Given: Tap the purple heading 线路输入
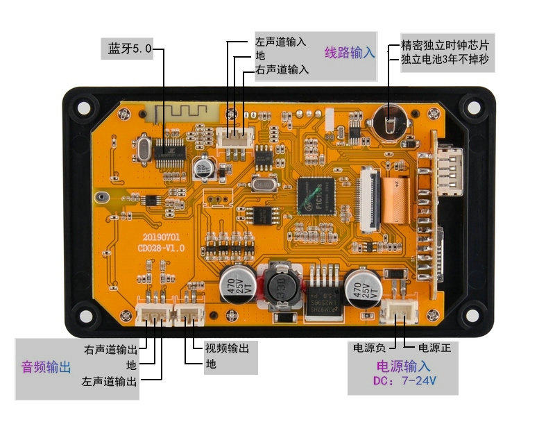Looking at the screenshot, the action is (x=350, y=52).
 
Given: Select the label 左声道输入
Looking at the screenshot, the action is (x=280, y=41).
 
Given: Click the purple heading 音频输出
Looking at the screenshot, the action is (x=46, y=367).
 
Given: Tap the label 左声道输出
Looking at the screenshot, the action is (x=110, y=381).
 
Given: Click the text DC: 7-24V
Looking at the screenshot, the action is (x=404, y=381).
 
